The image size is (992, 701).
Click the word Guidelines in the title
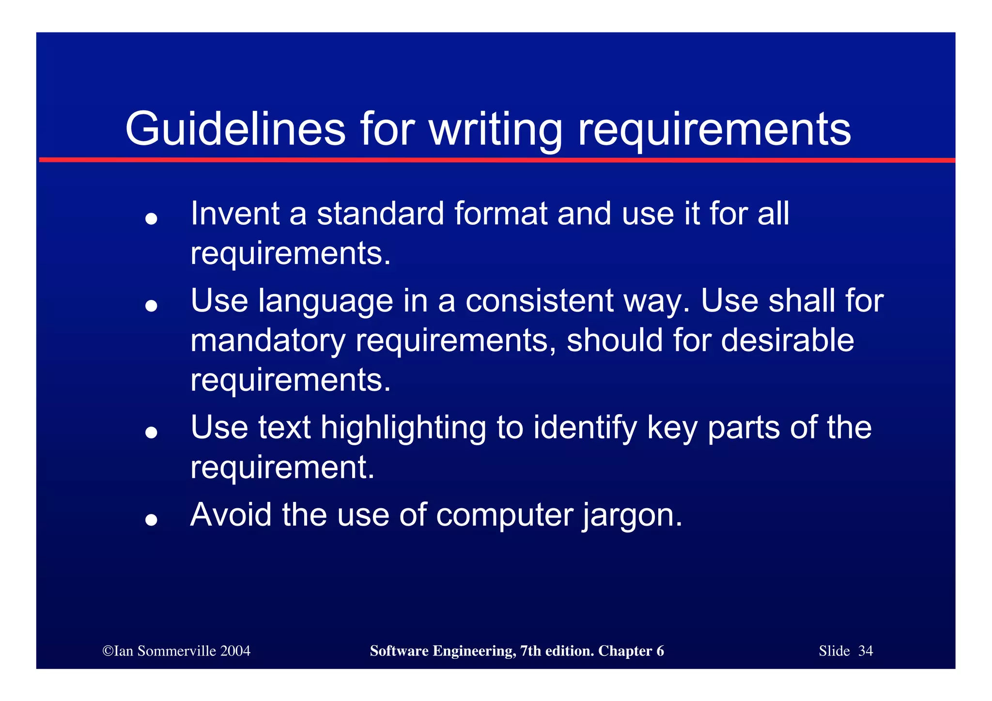(x=235, y=129)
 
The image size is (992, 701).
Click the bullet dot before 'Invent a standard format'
(x=152, y=219)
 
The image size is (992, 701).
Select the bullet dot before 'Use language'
(x=152, y=306)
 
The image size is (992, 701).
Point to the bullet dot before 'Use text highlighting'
(x=152, y=432)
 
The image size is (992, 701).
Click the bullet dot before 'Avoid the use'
(x=152, y=519)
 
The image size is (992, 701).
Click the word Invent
(x=235, y=214)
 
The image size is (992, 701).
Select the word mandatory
(x=268, y=341)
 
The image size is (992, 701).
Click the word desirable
(x=788, y=340)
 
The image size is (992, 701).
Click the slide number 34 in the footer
(x=866, y=651)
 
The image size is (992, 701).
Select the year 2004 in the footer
(x=235, y=651)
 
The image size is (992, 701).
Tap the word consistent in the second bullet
(x=540, y=301)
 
